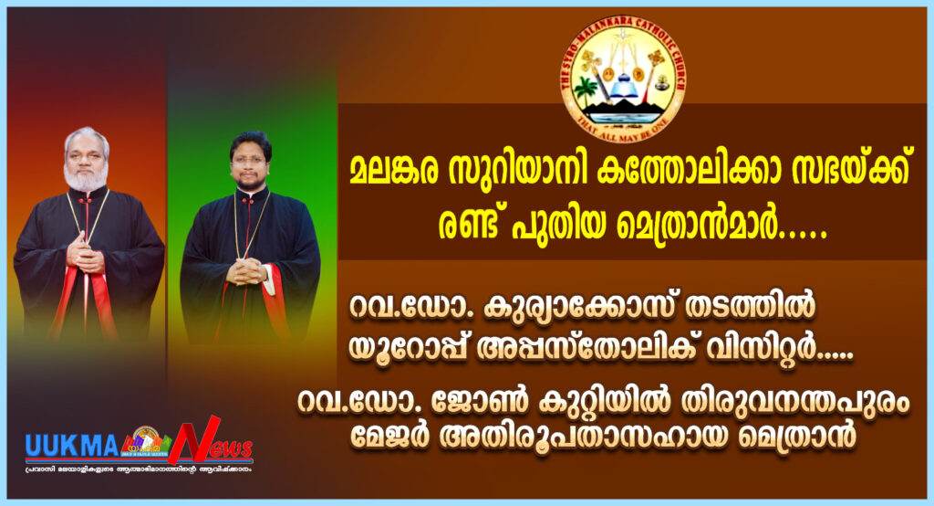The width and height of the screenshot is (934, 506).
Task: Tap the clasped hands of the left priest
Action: [x=87, y=258]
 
